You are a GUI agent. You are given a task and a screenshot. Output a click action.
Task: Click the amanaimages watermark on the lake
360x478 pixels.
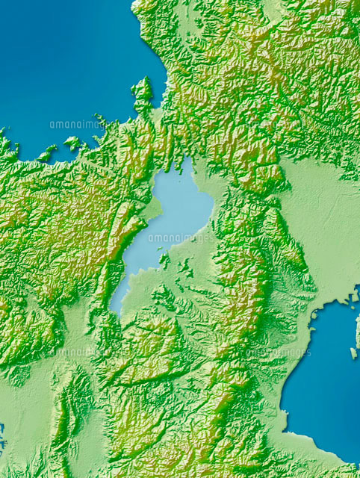(x=177, y=238)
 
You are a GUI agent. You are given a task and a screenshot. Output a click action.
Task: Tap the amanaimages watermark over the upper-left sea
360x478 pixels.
(x=78, y=125)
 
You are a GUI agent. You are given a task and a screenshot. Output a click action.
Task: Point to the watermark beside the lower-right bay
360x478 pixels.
(x=278, y=353)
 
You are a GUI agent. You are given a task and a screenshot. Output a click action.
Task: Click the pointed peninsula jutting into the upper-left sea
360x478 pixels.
(x=142, y=93)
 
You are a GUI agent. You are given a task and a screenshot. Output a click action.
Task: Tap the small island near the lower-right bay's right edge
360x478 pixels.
(x=353, y=353)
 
